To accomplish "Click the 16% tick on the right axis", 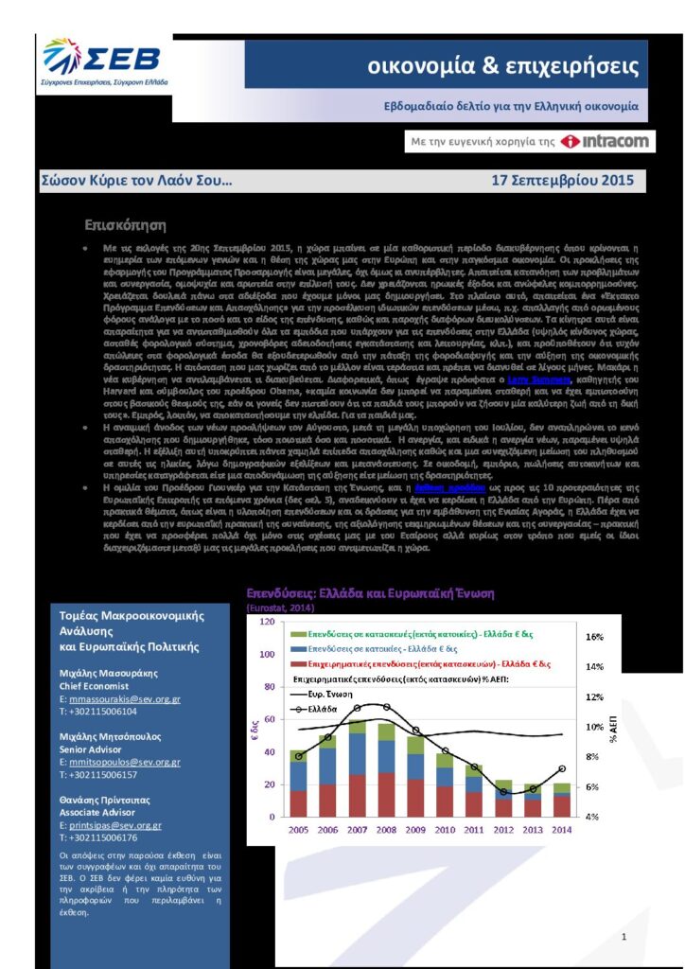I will [595, 637].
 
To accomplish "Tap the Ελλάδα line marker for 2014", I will [563, 767].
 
